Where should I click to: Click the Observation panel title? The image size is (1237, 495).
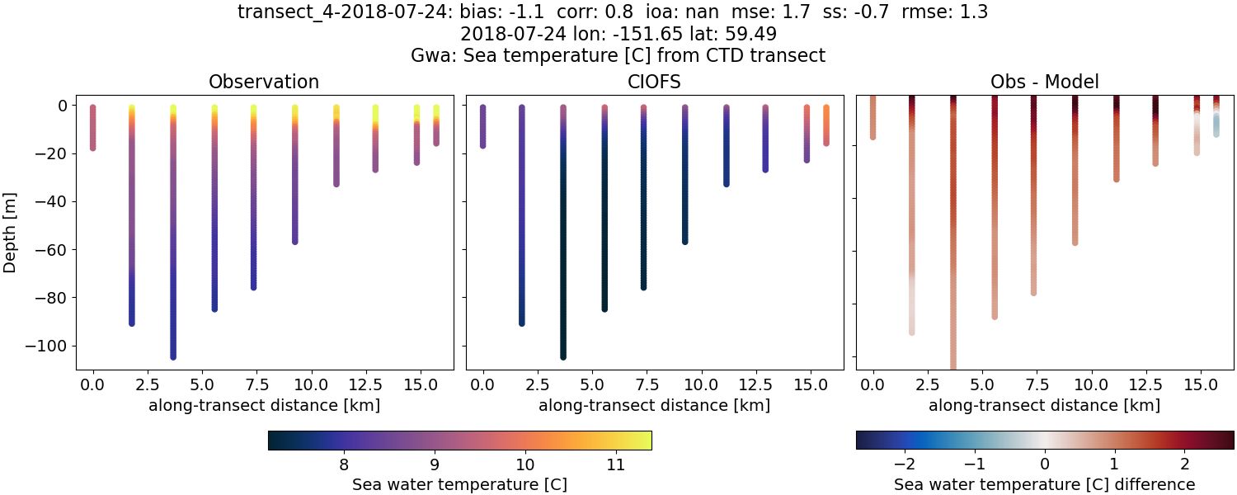pos(264,82)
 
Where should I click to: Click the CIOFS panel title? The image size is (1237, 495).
pos(654,82)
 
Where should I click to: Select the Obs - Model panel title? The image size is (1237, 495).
pos(1044,82)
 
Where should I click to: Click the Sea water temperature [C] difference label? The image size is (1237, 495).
pos(1044,484)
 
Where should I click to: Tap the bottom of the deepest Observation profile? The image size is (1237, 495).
pos(173,356)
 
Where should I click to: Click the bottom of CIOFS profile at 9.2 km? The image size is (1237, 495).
pos(684,241)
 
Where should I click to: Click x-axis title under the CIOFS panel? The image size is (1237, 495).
pos(654,405)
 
